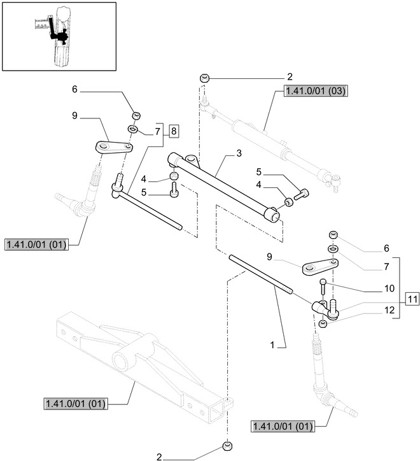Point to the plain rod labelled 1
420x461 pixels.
(x=261, y=274)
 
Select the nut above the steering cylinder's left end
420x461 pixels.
(x=204, y=78)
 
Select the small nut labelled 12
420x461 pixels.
(x=323, y=324)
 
